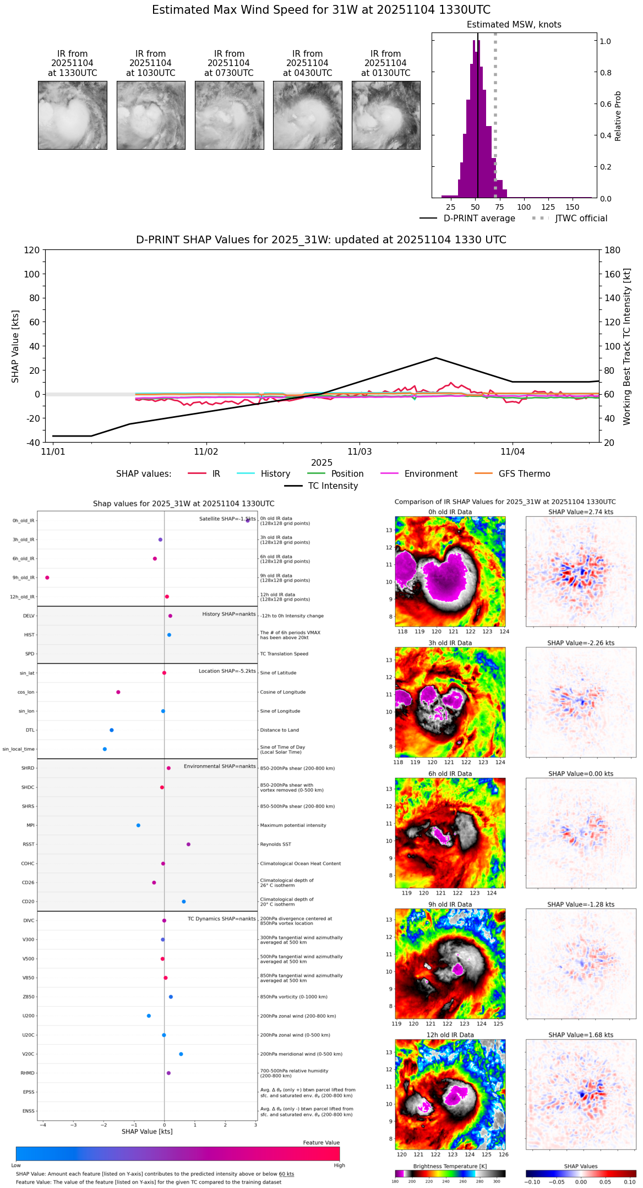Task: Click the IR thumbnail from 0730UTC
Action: pyautogui.click(x=229, y=115)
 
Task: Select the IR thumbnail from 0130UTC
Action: pyautogui.click(x=386, y=115)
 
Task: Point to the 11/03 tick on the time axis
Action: pyautogui.click(x=359, y=452)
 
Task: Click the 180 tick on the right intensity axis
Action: pyautogui.click(x=613, y=250)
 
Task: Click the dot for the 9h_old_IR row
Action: pyautogui.click(x=47, y=577)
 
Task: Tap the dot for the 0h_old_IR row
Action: pyautogui.click(x=248, y=520)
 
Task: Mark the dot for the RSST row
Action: pyautogui.click(x=188, y=844)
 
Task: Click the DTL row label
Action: pyautogui.click(x=30, y=730)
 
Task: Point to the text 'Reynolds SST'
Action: pyautogui.click(x=275, y=844)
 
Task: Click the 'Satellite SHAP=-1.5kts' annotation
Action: pyautogui.click(x=227, y=519)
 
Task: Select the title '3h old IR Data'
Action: pyautogui.click(x=450, y=643)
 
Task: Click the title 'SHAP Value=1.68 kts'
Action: pyautogui.click(x=581, y=1035)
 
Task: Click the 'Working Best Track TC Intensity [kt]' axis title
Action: pyautogui.click(x=627, y=347)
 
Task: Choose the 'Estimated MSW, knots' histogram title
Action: pyautogui.click(x=514, y=25)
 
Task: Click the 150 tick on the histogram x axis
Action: pyautogui.click(x=573, y=207)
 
